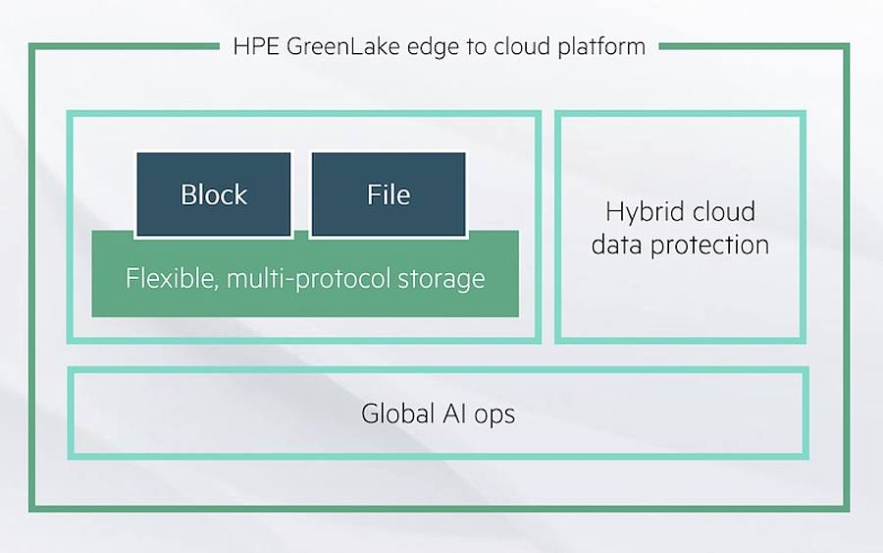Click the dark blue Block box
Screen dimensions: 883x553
click(x=214, y=194)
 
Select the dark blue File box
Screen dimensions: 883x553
click(x=389, y=194)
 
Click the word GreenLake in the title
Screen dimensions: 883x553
click(x=343, y=46)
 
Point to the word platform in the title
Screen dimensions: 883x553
click(x=601, y=47)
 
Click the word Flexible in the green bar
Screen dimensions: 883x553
click(x=171, y=279)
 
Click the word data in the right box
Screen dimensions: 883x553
click(x=617, y=245)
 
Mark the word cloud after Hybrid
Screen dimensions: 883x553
click(x=723, y=211)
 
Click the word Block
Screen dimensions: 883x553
click(x=214, y=194)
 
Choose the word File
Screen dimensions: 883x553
click(x=389, y=194)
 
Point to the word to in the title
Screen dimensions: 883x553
click(x=476, y=47)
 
